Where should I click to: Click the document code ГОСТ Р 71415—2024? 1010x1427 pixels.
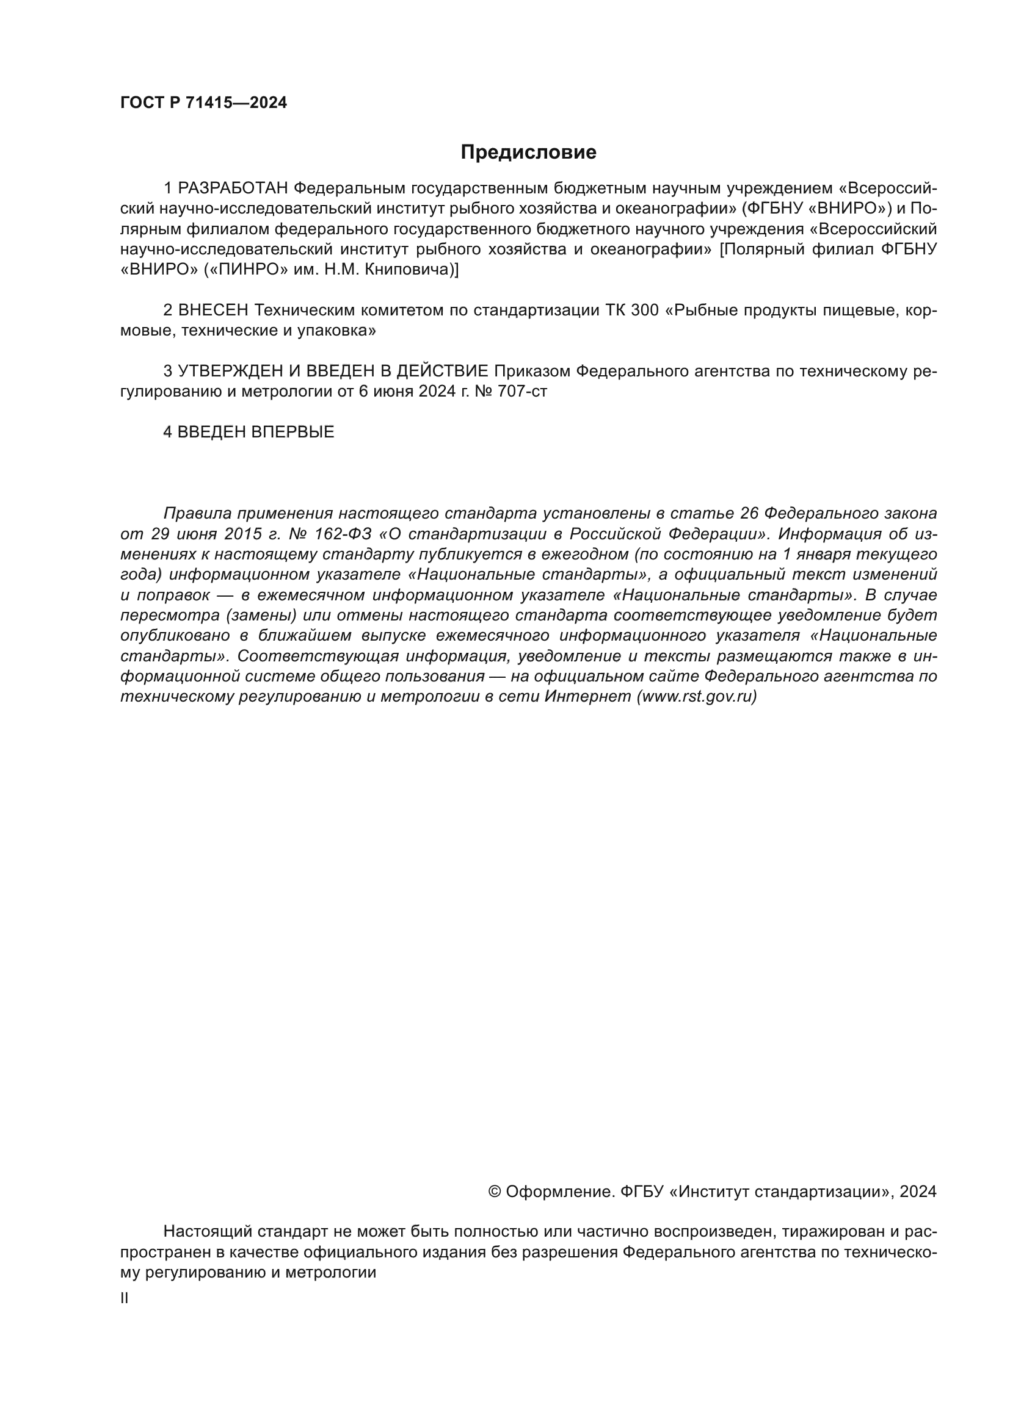pyautogui.click(x=203, y=103)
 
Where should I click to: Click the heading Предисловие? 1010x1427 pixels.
pyautogui.click(x=528, y=153)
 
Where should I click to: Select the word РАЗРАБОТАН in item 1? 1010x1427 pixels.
pyautogui.click(x=233, y=189)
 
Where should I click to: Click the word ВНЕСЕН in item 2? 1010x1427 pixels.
pyautogui.click(x=213, y=310)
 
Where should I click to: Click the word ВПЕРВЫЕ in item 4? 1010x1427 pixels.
pyautogui.click(x=293, y=433)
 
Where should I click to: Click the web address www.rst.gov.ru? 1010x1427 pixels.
pyautogui.click(x=697, y=697)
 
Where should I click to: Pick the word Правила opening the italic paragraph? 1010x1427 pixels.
pyautogui.click(x=197, y=514)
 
